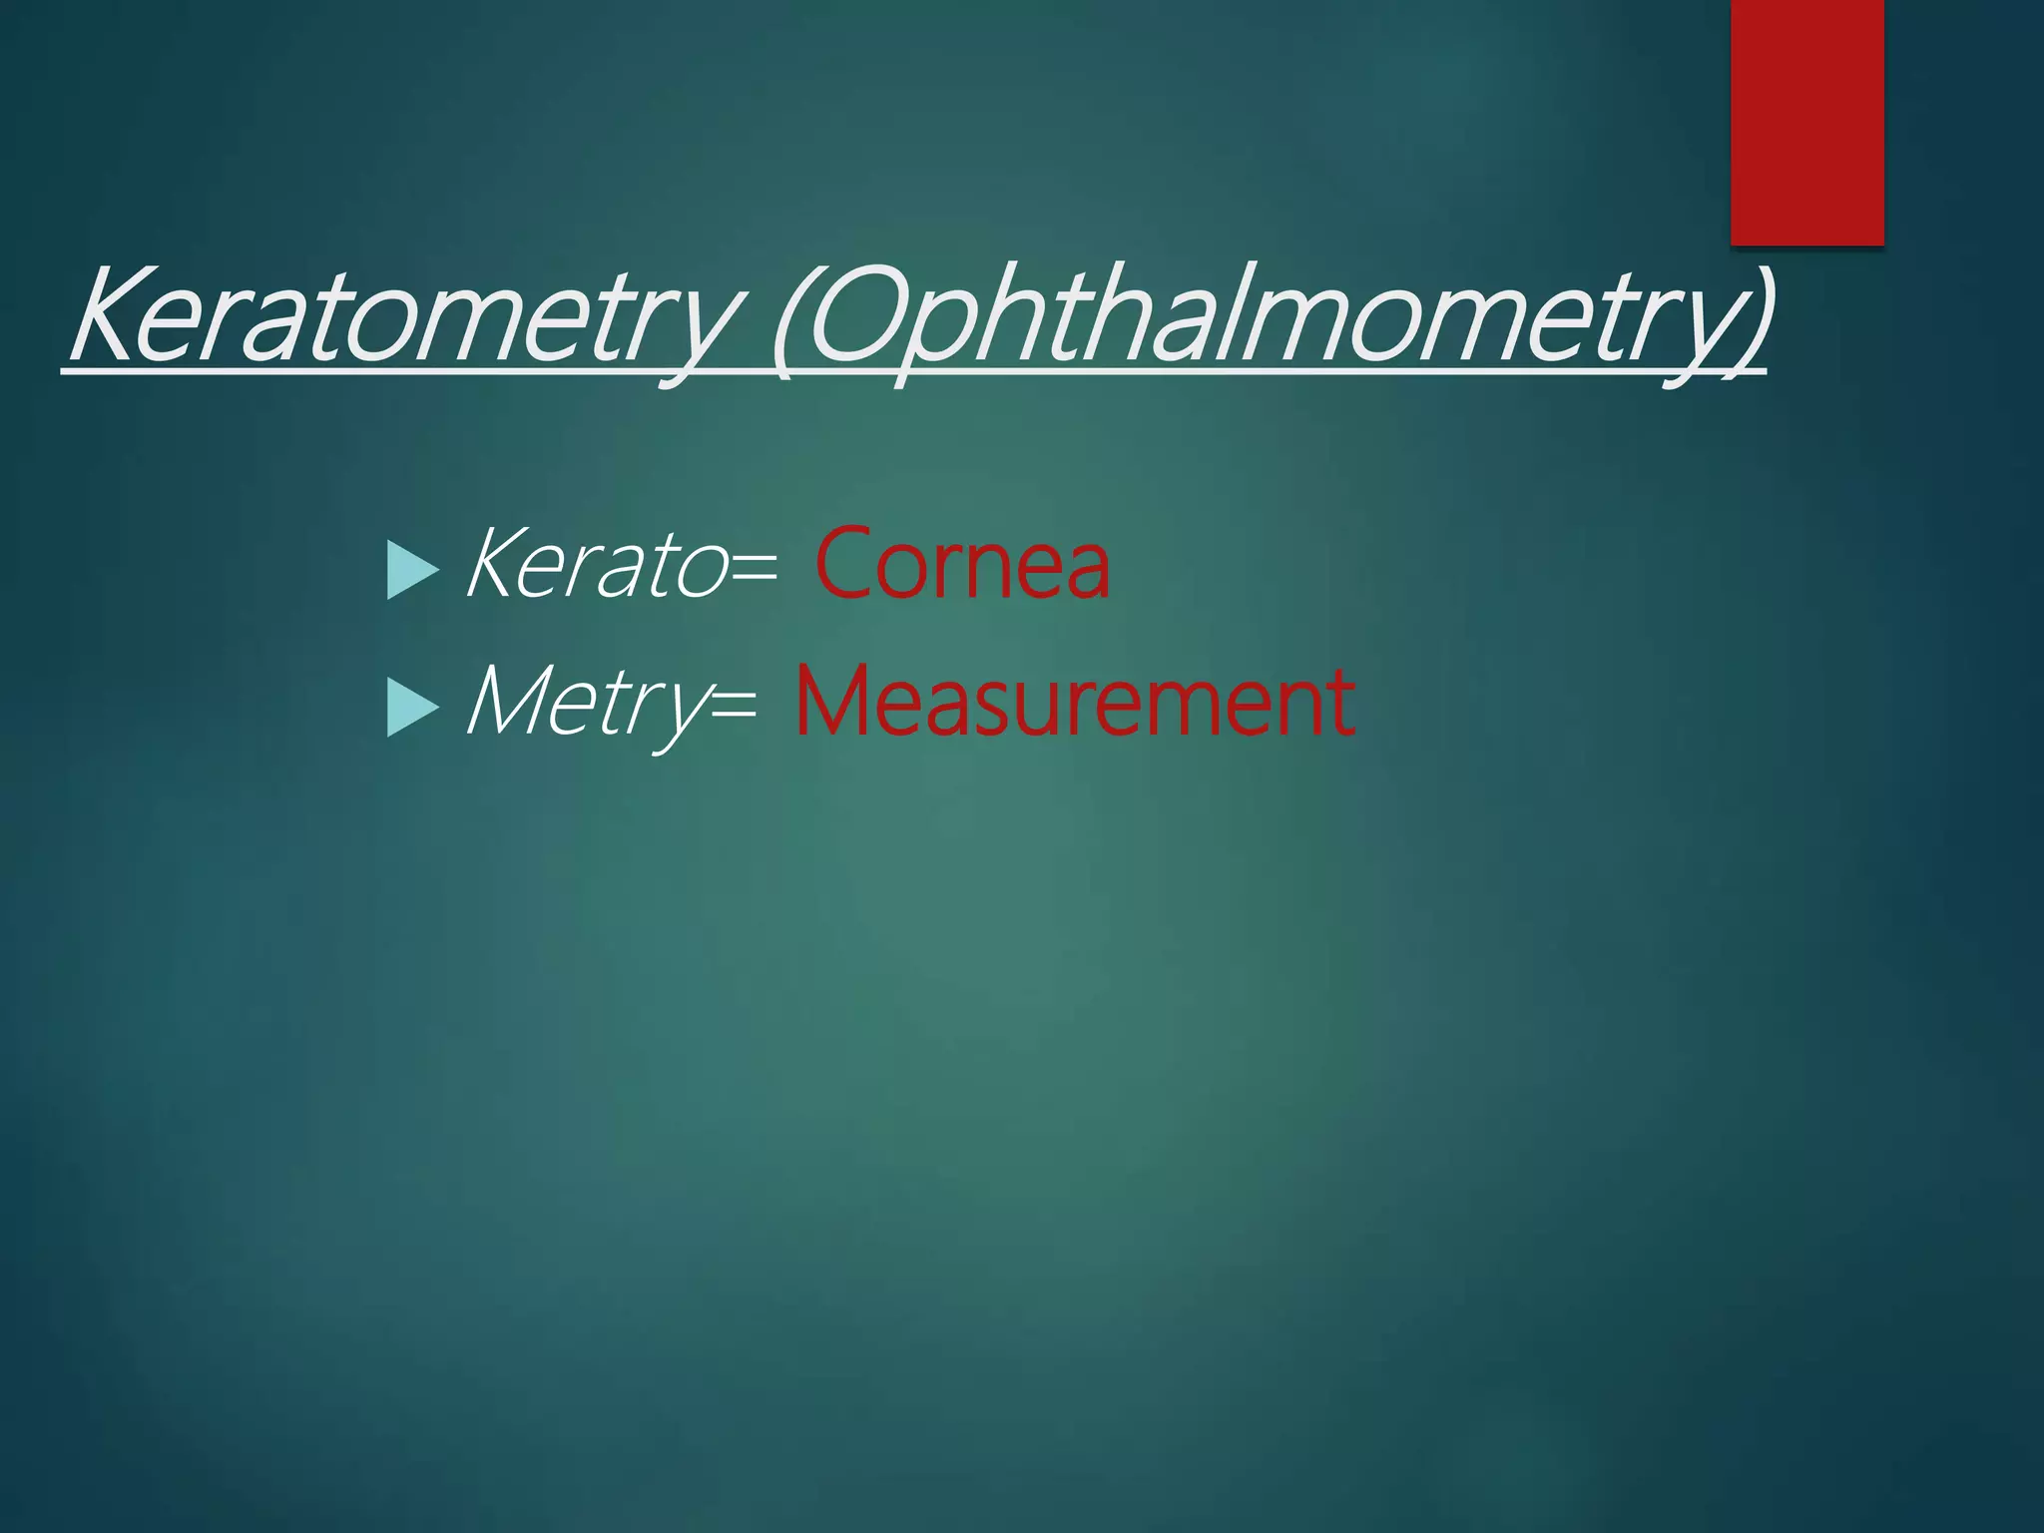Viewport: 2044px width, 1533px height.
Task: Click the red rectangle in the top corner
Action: [1806, 122]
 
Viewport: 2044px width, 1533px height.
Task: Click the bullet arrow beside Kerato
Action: [412, 570]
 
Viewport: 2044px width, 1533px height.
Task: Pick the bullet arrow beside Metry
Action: [412, 708]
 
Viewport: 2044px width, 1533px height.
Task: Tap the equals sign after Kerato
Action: [755, 570]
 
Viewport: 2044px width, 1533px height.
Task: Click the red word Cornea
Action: [962, 565]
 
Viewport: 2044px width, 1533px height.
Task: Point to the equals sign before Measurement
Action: [735, 708]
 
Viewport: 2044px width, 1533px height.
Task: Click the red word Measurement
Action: [1075, 703]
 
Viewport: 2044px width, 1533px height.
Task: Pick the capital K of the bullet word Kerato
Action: [498, 565]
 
